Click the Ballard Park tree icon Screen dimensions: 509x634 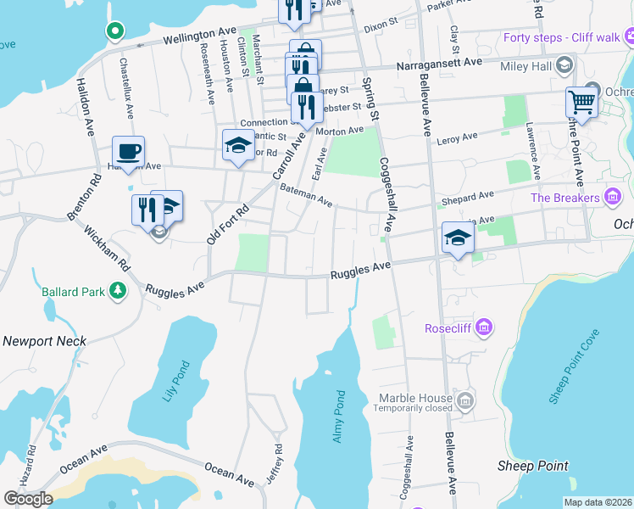pos(115,292)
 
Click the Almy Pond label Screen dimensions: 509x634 pos(339,416)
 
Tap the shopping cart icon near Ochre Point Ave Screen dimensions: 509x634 pos(581,103)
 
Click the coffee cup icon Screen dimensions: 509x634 pos(128,152)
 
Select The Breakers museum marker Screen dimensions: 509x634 pos(613,198)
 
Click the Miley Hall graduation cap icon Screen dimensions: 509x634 pos(564,66)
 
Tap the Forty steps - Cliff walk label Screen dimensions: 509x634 pos(561,37)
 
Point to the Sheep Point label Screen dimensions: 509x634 pos(532,466)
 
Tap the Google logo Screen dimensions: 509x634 pos(28,499)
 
